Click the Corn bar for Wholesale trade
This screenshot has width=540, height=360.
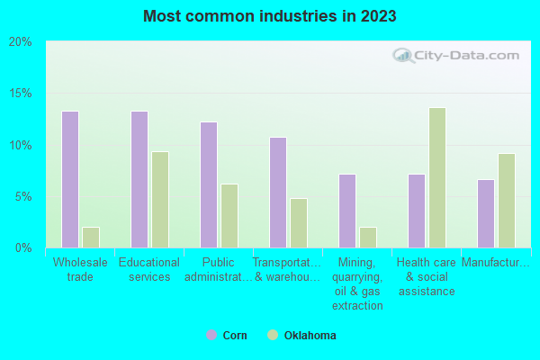[70, 179]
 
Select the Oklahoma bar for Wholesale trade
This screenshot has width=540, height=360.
[91, 237]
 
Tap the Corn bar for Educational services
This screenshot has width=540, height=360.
[139, 179]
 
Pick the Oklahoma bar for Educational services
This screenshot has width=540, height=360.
[160, 199]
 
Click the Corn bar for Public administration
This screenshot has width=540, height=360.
[209, 184]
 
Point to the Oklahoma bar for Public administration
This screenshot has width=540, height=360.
[229, 215]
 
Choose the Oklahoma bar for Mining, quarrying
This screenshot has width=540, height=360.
[368, 237]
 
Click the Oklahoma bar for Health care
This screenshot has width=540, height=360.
[437, 177]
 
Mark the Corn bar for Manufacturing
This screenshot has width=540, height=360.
[486, 213]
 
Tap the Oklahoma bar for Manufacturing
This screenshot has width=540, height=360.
[507, 200]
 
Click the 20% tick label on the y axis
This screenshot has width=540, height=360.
[21, 42]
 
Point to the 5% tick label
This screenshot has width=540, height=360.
[23, 196]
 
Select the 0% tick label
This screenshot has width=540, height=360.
[23, 247]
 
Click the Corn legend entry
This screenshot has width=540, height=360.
[227, 335]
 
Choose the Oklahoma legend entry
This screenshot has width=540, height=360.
[302, 335]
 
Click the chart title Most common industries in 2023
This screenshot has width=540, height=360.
[269, 16]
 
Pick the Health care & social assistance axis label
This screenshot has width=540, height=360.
[425, 277]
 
